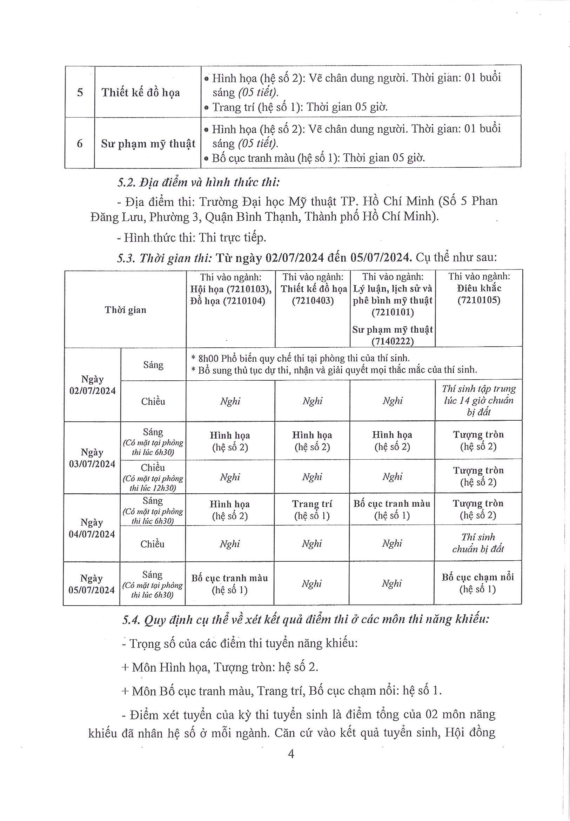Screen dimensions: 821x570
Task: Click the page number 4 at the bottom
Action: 291,754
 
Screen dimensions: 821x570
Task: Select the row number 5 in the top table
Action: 80,93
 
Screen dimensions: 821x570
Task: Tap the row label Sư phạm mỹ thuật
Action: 148,143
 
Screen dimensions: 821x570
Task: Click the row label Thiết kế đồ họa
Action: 141,93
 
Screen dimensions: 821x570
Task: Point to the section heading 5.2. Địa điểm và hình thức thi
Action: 198,182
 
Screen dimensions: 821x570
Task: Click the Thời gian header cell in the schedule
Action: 125,310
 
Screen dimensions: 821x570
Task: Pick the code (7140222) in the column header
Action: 393,341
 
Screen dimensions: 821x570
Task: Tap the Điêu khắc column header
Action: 479,288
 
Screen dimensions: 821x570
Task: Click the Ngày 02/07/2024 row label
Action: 93,385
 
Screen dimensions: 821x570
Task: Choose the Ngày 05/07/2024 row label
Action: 92,584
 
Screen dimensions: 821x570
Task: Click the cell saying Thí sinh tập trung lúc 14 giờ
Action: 478,400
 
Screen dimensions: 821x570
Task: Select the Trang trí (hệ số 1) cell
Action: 312,509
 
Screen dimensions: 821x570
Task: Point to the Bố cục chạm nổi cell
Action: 478,583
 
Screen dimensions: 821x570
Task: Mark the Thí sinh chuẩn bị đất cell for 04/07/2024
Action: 478,543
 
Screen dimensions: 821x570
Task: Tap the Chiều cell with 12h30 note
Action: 153,477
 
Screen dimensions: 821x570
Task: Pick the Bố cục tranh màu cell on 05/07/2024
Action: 229,584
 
